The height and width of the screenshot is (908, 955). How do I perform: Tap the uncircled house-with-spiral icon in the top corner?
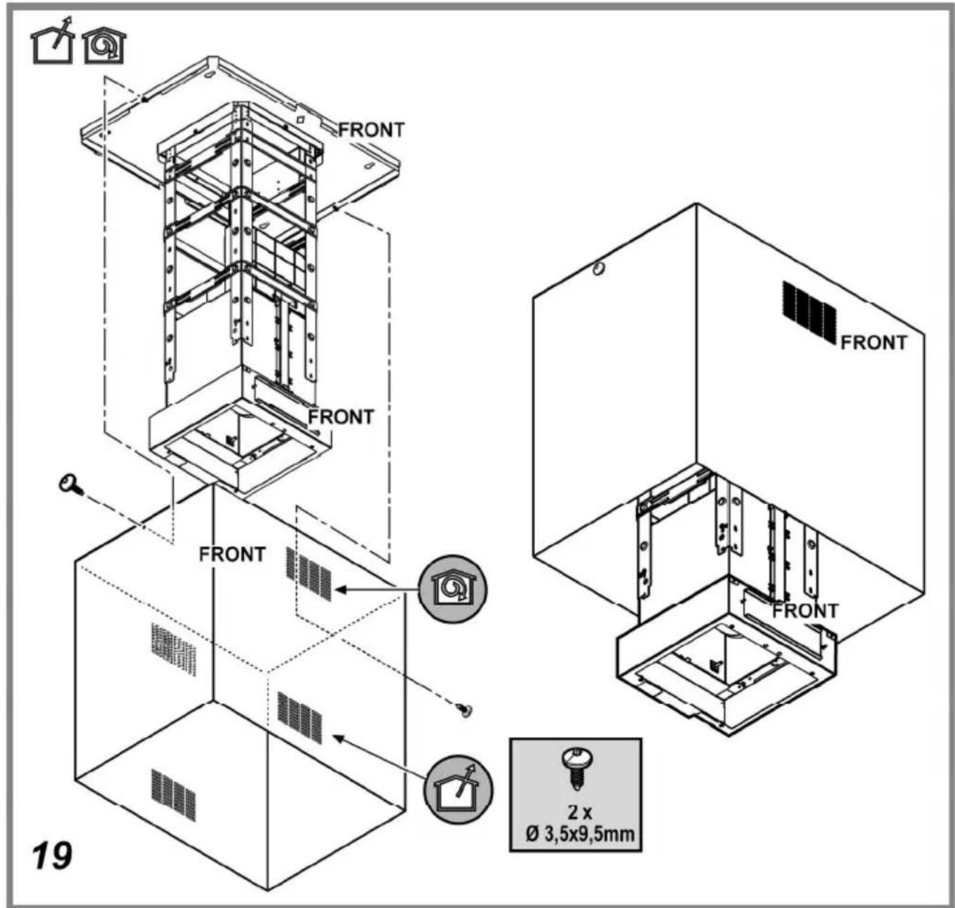(x=104, y=47)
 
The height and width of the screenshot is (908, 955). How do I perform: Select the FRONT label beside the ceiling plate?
(x=371, y=130)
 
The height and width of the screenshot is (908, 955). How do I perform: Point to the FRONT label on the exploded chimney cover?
(x=232, y=554)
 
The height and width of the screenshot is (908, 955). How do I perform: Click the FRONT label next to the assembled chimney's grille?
(x=874, y=342)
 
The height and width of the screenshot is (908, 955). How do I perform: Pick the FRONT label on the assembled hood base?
(x=806, y=611)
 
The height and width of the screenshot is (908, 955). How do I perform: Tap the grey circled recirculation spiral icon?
(x=452, y=589)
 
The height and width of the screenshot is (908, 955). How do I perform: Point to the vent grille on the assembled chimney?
(x=808, y=314)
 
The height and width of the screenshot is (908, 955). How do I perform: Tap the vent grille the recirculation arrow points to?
(x=309, y=574)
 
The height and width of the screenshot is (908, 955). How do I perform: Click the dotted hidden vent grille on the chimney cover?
(x=173, y=650)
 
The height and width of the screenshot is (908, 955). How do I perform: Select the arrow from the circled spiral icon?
(x=377, y=590)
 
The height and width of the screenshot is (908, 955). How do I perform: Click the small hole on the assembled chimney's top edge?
(x=599, y=268)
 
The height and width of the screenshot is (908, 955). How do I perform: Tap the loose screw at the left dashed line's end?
(x=72, y=485)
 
